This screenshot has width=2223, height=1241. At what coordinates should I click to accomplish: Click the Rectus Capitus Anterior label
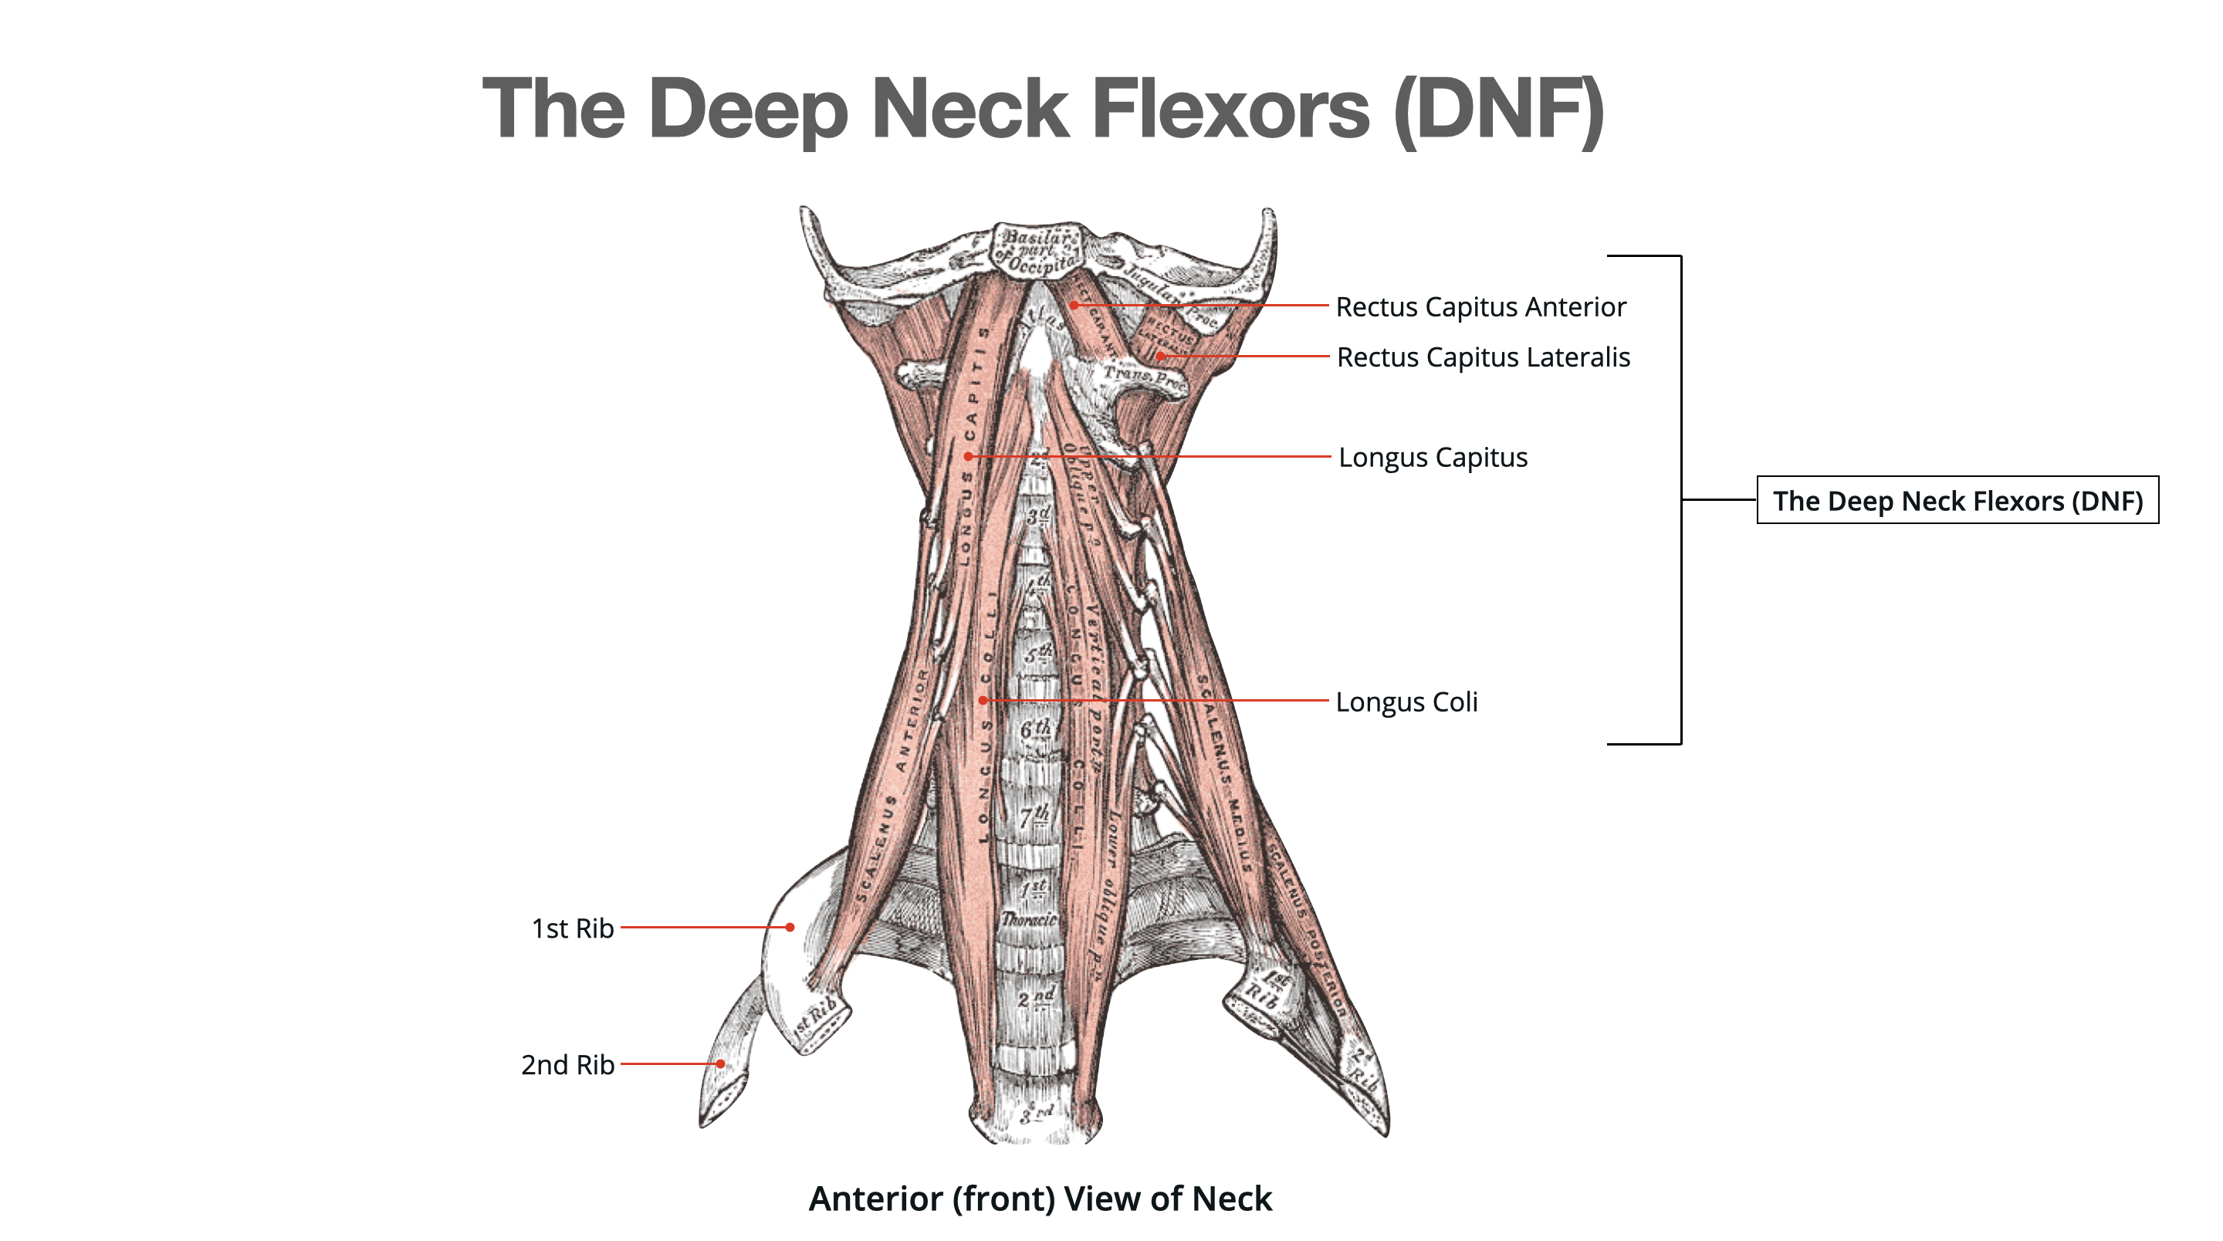(1480, 306)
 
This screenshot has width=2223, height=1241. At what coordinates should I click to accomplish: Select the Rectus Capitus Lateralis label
(1483, 357)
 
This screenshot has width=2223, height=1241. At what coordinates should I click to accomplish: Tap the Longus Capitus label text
(1433, 457)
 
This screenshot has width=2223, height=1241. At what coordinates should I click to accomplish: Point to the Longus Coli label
(1406, 702)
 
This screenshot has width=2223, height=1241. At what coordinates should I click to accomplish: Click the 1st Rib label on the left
(572, 928)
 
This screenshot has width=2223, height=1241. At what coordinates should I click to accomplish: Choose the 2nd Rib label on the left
(567, 1064)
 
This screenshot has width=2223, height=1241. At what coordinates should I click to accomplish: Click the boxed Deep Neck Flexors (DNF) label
(1957, 501)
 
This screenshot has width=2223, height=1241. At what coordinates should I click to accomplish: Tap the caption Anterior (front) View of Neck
(1040, 1198)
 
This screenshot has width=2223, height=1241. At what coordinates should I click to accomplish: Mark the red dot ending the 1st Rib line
(790, 927)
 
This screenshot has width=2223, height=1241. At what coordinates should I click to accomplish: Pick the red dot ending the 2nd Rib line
(719, 1063)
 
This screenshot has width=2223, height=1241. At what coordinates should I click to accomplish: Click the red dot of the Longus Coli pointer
(982, 700)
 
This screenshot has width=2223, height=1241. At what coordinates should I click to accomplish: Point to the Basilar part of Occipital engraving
(1038, 249)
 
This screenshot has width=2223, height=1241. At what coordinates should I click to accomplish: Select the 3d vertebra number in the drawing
(1038, 516)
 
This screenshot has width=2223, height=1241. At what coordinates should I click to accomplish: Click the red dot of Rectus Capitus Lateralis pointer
(1160, 356)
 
